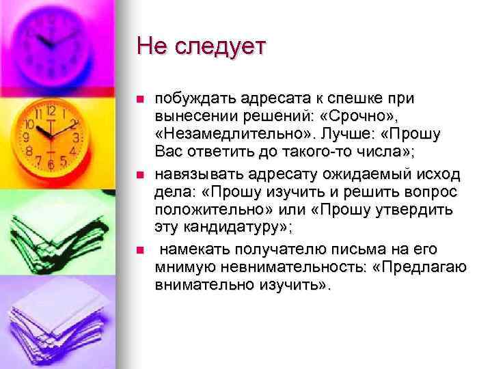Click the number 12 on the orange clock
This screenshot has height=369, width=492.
(x=51, y=110)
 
